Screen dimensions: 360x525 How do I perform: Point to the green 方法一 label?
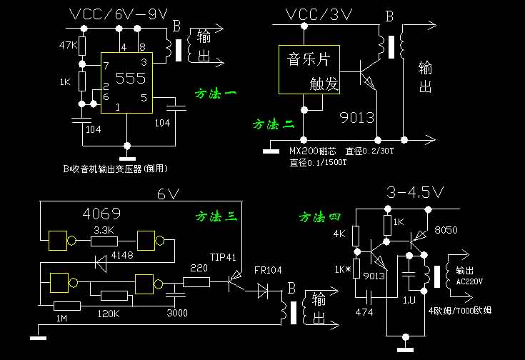coord(216,94)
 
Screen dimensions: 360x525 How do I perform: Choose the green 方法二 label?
coord(273,124)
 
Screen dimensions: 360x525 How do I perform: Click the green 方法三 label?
coord(216,215)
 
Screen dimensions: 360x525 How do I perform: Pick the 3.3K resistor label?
coord(106,230)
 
